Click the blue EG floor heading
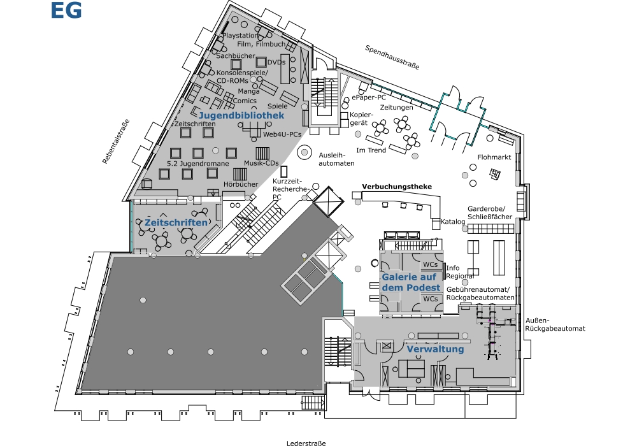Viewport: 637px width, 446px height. (66, 10)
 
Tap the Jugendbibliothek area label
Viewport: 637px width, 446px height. (241, 116)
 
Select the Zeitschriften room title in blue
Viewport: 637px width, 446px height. (176, 222)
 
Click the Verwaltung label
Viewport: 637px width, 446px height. (435, 349)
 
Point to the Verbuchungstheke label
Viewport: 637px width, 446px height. (397, 187)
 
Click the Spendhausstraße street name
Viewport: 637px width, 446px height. (392, 57)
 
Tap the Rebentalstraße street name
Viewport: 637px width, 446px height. (116, 141)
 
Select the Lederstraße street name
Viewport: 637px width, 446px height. (306, 443)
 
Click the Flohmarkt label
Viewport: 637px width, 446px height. (494, 157)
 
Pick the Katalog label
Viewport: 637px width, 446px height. (453, 222)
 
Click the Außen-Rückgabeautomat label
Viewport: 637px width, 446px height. (555, 324)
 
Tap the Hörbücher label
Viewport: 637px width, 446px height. (241, 184)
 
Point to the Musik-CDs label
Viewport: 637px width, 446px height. (261, 163)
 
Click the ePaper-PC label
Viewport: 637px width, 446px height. (369, 97)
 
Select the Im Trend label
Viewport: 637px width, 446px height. (371, 150)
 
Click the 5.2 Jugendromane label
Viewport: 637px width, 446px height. (198, 164)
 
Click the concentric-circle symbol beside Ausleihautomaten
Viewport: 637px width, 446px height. (304, 153)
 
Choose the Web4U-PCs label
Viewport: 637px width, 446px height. (282, 134)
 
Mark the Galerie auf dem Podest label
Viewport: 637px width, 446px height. (411, 282)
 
